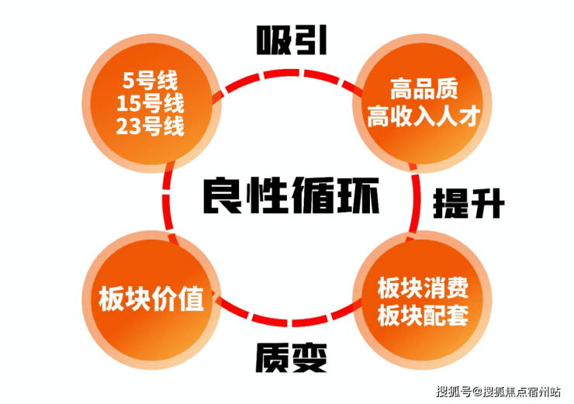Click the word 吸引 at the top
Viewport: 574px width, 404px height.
pyautogui.click(x=291, y=41)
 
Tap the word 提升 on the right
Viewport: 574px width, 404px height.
pyautogui.click(x=468, y=204)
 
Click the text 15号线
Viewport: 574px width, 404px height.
pyautogui.click(x=150, y=103)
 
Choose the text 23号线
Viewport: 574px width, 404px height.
pyautogui.click(x=150, y=126)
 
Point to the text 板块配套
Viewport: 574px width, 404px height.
pyautogui.click(x=423, y=315)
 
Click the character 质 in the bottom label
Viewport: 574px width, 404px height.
pyautogui.click(x=272, y=357)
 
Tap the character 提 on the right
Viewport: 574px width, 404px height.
pyautogui.click(x=449, y=204)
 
